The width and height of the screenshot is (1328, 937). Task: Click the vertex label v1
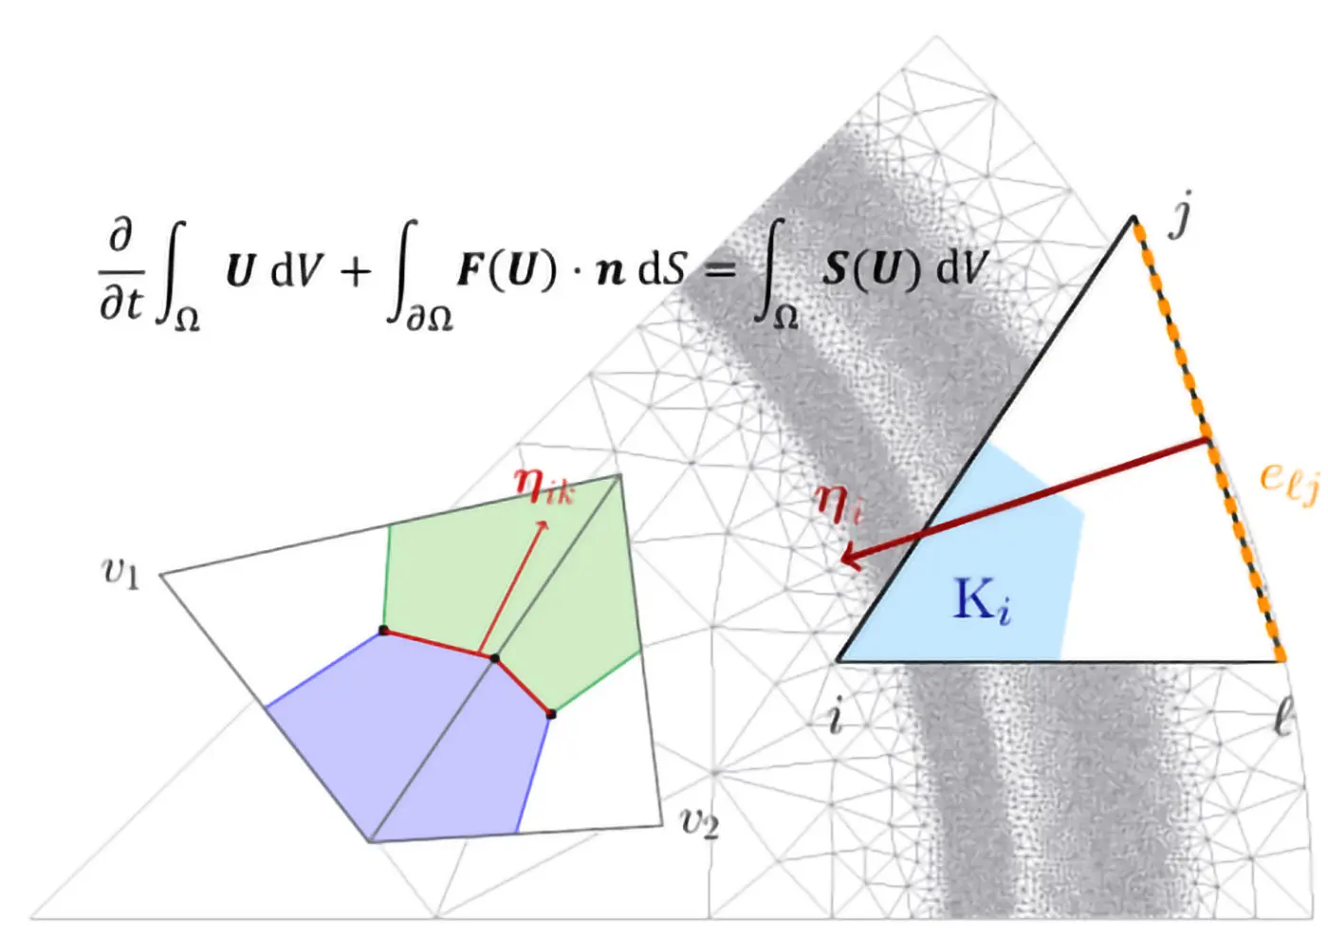pyautogui.click(x=120, y=573)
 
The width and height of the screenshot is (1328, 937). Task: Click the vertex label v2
pyautogui.click(x=700, y=821)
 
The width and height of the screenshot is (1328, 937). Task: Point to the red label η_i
pyautogui.click(x=839, y=502)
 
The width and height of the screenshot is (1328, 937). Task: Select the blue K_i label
pyautogui.click(x=981, y=601)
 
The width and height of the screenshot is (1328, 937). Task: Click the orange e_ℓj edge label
pyautogui.click(x=1288, y=480)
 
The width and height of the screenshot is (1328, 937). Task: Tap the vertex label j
pyautogui.click(x=1180, y=216)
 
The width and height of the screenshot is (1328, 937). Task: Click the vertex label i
pyautogui.click(x=836, y=716)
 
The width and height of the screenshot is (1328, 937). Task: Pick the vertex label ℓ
pyautogui.click(x=1282, y=717)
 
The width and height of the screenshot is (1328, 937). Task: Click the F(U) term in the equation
pyautogui.click(x=506, y=270)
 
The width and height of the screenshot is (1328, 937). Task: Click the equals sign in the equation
pyautogui.click(x=721, y=271)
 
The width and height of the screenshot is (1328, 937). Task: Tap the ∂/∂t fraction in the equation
pyautogui.click(x=120, y=270)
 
